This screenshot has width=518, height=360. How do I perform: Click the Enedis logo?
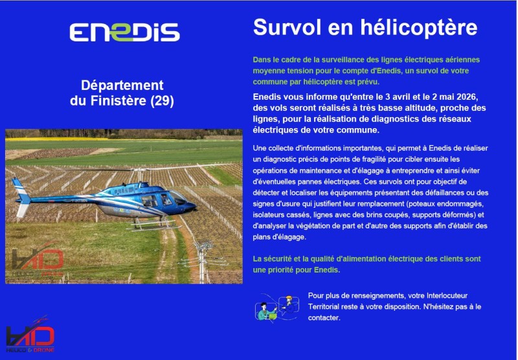[124, 32]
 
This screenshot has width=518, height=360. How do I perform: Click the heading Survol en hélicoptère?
[365, 28]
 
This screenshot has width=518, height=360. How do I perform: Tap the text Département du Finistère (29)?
[122, 93]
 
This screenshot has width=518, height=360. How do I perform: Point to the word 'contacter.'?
[324, 318]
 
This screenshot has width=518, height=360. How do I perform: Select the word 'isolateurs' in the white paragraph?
[272, 214]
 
